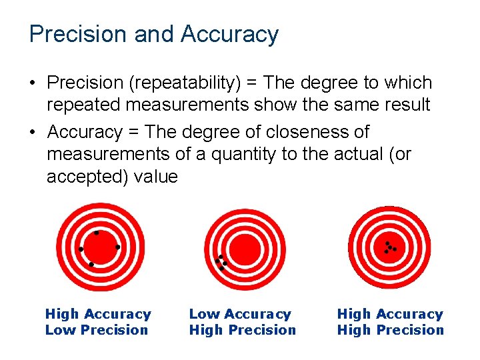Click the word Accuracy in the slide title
click(229, 35)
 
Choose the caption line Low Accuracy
click(240, 314)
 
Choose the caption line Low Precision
click(97, 330)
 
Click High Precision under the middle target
click(243, 330)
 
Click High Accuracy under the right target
click(390, 314)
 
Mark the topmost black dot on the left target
click(97, 233)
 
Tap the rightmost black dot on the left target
click(117, 247)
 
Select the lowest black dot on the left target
click(91, 265)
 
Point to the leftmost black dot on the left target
click(81, 249)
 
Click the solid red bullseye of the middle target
click(246, 247)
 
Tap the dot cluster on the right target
click(389, 247)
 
